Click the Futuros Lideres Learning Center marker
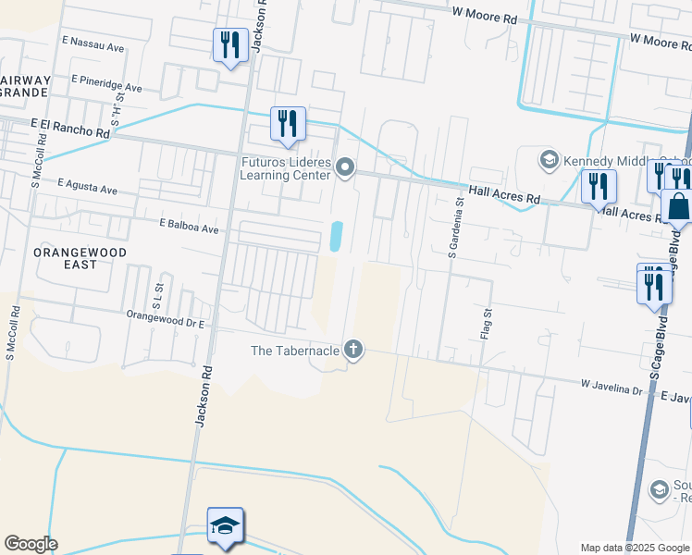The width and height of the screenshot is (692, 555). click(x=345, y=167)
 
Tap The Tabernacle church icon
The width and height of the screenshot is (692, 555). click(x=352, y=350)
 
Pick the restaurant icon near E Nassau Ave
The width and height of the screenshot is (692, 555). click(x=229, y=45)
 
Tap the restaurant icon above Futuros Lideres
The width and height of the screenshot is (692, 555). click(x=288, y=123)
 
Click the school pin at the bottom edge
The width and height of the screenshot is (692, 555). click(x=225, y=527)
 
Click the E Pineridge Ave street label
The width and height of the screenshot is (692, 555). click(x=106, y=84)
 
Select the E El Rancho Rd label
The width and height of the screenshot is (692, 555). click(x=70, y=128)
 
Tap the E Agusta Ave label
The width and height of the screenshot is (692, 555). click(x=87, y=188)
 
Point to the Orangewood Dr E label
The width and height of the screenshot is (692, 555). click(x=165, y=316)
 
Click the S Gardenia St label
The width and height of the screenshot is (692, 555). click(x=454, y=222)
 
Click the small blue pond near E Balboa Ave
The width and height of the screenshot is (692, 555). click(x=336, y=236)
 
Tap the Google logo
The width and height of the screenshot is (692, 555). click(x=31, y=544)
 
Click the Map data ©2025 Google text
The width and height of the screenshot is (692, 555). click(x=635, y=548)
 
